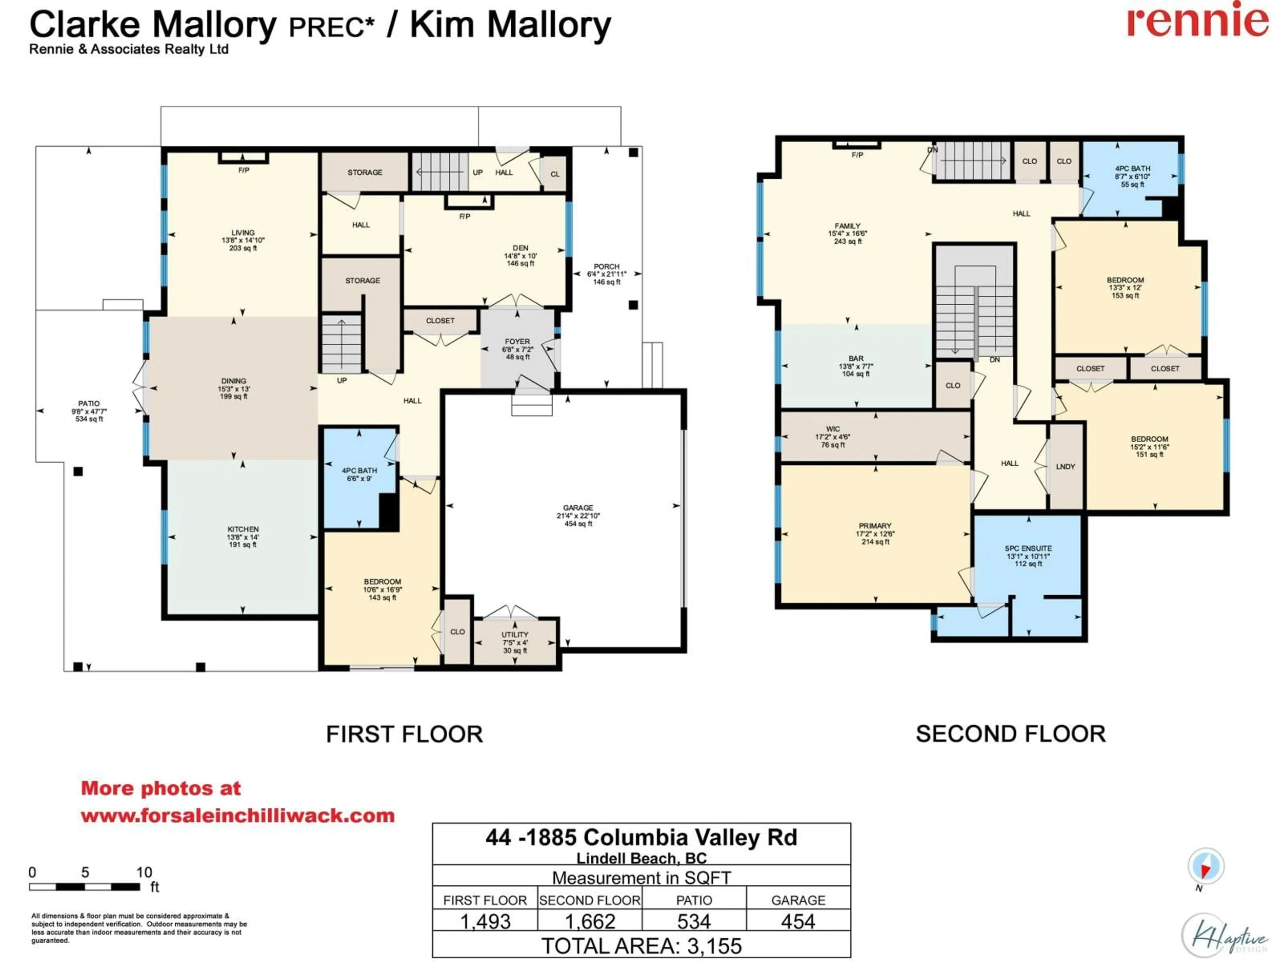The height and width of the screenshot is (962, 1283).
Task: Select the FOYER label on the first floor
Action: (x=517, y=341)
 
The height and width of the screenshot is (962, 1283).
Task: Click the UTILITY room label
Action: (x=515, y=634)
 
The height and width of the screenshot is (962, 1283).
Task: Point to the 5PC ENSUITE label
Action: (x=1028, y=548)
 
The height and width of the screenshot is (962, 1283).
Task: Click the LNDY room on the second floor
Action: (x=1065, y=466)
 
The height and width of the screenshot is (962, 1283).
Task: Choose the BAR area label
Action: (x=856, y=358)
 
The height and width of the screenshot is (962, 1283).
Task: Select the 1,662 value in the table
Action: (x=589, y=921)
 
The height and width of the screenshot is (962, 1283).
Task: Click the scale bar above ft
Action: (x=84, y=887)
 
